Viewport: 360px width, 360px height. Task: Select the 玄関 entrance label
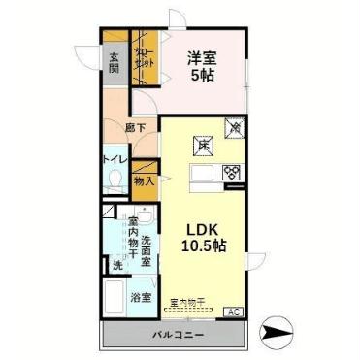click(115, 62)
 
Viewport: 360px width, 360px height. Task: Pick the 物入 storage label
click(142, 180)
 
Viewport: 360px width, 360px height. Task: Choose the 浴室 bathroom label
click(142, 297)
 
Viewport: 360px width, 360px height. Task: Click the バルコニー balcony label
click(177, 335)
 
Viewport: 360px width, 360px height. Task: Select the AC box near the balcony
click(234, 311)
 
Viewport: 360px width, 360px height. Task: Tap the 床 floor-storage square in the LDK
click(205, 145)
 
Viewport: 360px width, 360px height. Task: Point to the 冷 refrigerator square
click(234, 125)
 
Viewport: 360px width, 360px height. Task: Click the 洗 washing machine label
click(116, 265)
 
